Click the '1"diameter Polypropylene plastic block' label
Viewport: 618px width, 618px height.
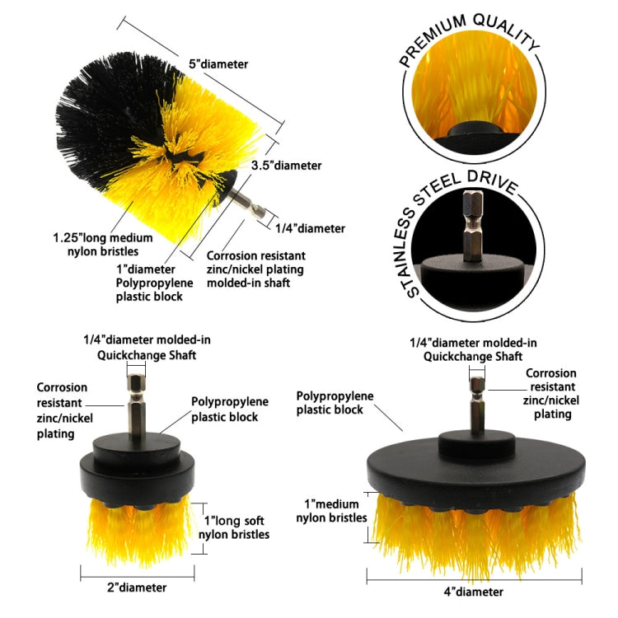(157, 283)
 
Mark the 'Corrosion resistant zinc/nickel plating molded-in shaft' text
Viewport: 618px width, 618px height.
(255, 269)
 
